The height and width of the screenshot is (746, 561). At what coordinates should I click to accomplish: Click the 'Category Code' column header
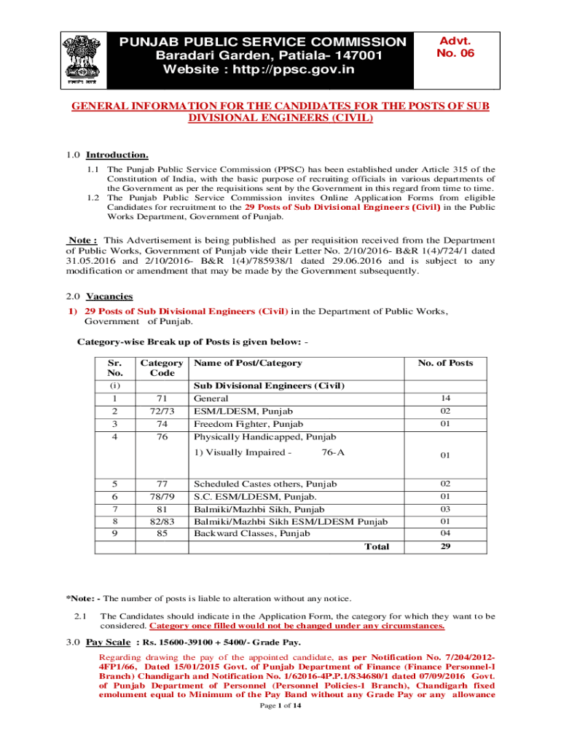click(x=162, y=368)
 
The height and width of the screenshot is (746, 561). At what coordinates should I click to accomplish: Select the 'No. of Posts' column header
click(x=444, y=363)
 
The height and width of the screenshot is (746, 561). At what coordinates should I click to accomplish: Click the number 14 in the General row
click(x=444, y=398)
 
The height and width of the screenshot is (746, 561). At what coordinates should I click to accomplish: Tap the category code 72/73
click(x=162, y=412)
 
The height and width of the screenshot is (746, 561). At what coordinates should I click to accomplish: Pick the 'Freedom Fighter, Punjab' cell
click(x=248, y=424)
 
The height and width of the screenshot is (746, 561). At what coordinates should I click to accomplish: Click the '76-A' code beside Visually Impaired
click(x=333, y=452)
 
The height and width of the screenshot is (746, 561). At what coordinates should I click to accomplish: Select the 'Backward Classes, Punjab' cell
click(x=251, y=533)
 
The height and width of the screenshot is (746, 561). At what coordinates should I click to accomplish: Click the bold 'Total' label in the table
click(x=377, y=546)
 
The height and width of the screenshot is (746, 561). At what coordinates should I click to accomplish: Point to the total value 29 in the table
click(x=444, y=546)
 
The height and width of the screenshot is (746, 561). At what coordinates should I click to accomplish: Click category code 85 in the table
click(x=162, y=533)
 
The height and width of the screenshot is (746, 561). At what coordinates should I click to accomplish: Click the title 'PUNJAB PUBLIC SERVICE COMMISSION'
click(x=263, y=42)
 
